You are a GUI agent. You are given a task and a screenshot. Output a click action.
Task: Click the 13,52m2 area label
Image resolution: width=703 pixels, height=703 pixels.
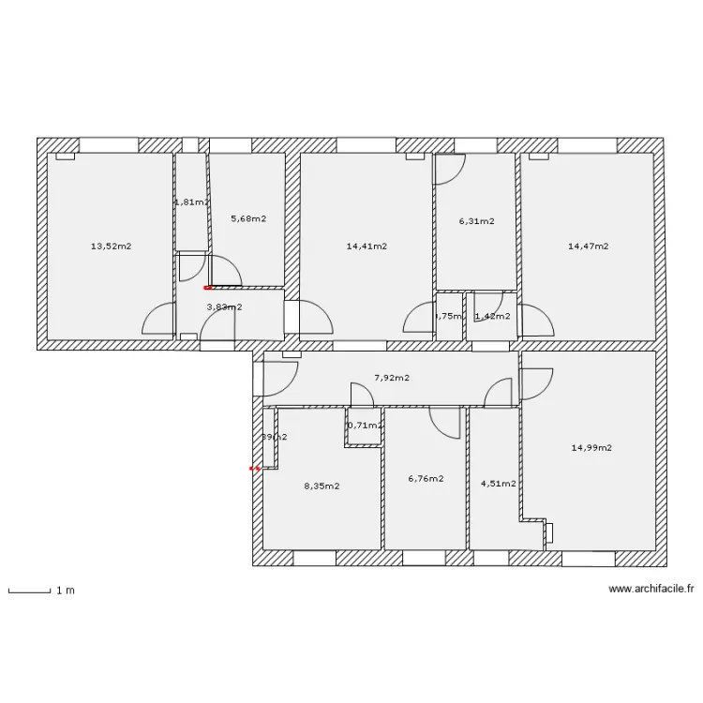111,247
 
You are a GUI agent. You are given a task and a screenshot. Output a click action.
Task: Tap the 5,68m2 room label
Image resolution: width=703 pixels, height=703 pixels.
248,219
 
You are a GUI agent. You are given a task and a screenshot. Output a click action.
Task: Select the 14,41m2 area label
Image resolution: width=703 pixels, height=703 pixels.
366,247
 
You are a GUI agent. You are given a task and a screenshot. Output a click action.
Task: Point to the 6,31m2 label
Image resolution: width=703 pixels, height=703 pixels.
476,222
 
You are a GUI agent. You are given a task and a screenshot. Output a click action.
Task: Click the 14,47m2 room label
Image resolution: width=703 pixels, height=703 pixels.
588,247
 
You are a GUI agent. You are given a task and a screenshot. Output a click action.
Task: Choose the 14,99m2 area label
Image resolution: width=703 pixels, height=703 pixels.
591,448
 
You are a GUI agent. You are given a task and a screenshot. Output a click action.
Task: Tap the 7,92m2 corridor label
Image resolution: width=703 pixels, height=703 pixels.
392,378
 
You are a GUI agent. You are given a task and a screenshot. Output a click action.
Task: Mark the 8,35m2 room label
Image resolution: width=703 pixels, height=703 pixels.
322,486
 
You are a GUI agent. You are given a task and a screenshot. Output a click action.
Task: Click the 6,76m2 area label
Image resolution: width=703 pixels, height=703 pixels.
426,478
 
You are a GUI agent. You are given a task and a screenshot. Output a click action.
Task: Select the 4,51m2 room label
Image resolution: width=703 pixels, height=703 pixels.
498,485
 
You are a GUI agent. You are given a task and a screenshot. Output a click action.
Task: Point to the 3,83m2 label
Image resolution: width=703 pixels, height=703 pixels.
224,307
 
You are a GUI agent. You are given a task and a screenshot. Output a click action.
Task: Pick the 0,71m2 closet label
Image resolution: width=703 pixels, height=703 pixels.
365,426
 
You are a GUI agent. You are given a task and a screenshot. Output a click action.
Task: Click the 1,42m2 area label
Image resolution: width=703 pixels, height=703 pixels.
492,316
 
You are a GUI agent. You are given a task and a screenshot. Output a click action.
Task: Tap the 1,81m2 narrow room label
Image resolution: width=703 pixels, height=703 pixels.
191,202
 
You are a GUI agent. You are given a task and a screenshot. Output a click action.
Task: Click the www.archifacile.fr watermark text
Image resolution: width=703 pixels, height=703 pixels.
651,590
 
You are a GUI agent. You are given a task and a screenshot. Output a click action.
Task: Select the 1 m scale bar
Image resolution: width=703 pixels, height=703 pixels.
29,591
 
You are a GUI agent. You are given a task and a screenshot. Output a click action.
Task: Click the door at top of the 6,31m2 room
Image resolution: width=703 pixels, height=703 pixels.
449,169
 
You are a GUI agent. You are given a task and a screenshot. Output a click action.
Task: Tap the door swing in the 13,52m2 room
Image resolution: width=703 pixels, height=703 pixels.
157,321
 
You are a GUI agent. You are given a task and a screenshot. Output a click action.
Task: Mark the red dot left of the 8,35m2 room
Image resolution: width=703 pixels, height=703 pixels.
254,468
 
